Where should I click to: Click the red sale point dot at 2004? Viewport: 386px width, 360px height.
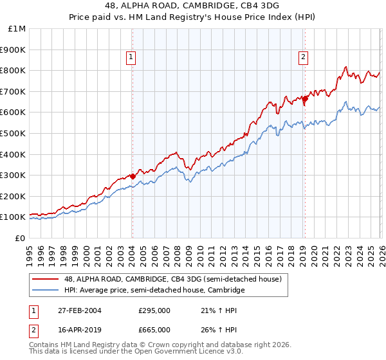point(133,175)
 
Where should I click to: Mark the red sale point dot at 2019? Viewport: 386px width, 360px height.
point(305,98)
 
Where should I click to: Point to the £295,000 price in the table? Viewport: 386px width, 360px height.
point(154,310)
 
